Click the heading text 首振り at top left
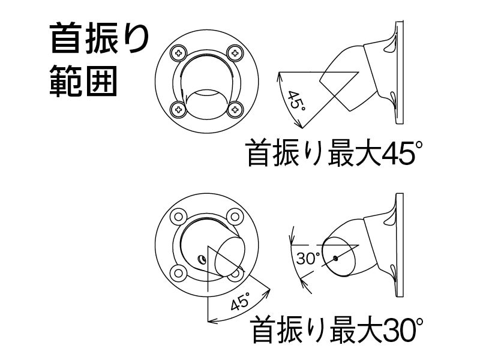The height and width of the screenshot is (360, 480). (100, 39)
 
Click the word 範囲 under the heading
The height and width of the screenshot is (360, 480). (83, 81)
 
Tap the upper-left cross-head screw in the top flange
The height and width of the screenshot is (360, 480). (179, 53)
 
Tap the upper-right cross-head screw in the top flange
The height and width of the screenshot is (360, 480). (235, 53)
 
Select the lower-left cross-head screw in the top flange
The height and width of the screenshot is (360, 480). (179, 109)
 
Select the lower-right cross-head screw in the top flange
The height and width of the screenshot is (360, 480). (235, 109)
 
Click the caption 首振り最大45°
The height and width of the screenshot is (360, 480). (335, 153)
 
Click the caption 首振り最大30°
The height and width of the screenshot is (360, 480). (337, 331)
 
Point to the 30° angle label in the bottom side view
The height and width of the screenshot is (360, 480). (308, 259)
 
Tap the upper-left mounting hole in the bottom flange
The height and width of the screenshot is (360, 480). (178, 217)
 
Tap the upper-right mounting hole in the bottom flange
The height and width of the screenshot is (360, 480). (235, 217)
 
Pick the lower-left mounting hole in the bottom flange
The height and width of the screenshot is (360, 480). (178, 272)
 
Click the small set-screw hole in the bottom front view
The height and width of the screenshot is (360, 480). (202, 260)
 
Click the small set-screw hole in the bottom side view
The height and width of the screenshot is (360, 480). (336, 259)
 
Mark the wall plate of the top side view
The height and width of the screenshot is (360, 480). (400, 72)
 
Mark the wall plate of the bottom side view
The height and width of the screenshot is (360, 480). (400, 245)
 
